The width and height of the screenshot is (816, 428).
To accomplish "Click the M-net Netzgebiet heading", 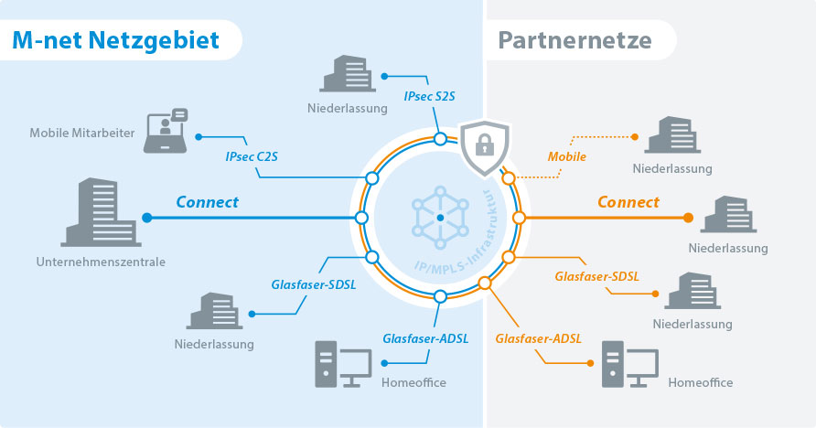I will pos(115,40).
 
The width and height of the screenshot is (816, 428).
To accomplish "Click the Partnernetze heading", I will pos(574,40).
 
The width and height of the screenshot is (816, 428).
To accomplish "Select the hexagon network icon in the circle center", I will pos(440,218).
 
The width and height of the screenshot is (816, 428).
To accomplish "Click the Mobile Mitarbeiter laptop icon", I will pos(166,132).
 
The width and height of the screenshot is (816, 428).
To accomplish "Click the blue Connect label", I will pos(207,202).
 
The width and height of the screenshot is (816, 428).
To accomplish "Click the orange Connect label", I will pos(628,202).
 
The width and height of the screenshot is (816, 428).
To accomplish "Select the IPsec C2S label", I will pos(252,156).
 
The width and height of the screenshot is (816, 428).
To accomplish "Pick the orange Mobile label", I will pos(566,156).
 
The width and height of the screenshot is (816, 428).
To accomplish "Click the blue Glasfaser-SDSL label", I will pos(314,284).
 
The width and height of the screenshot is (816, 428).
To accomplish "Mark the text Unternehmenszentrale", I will pos(100,262).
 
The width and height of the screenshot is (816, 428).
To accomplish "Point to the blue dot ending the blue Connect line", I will pos(147,218).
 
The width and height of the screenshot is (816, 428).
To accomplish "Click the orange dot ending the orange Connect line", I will pos(688,218).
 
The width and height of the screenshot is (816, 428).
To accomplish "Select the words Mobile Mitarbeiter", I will pos(82,134).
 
